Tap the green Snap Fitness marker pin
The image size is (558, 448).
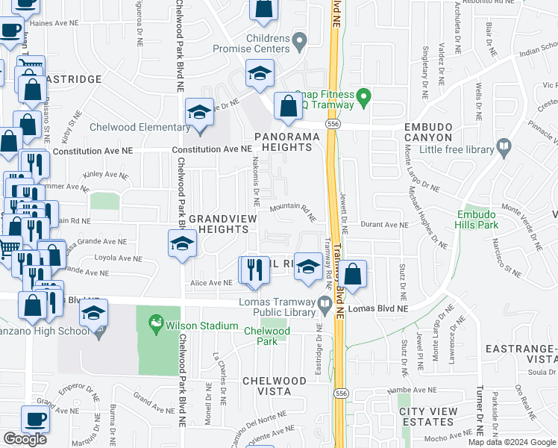[x=363, y=96]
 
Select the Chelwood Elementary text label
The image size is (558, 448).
[x=131, y=127]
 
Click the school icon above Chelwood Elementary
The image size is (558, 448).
[x=199, y=113]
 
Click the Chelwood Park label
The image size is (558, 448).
[x=266, y=336]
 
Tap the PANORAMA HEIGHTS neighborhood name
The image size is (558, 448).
[x=283, y=142]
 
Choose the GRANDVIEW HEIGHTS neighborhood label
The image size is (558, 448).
[x=222, y=223]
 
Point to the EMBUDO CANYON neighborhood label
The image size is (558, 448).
[x=428, y=132]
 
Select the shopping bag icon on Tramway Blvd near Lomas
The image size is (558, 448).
[x=354, y=273]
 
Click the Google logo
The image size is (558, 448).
[x=25, y=439]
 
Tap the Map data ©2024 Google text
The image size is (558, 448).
[x=512, y=442]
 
